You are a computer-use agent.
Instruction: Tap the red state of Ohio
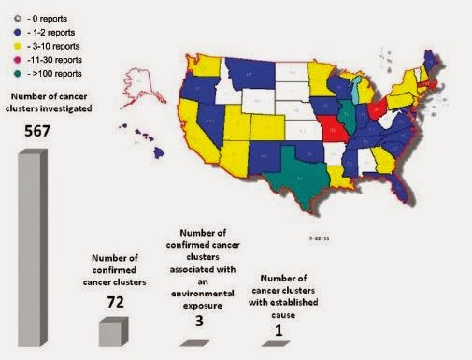378,111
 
